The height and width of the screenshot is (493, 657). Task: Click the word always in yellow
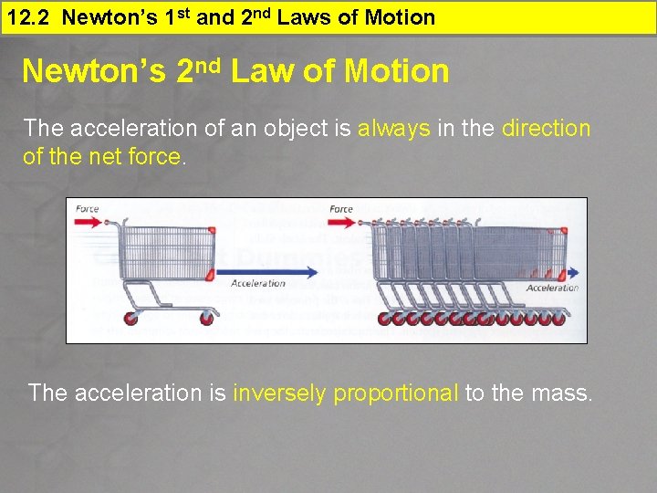[x=393, y=129]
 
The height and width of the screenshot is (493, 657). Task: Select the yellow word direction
[x=546, y=129]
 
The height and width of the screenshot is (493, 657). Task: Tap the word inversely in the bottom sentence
[x=279, y=393]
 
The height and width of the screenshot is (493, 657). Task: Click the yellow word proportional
[x=396, y=393]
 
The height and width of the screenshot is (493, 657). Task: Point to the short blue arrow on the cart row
[x=572, y=272]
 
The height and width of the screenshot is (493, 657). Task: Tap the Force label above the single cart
[x=88, y=209]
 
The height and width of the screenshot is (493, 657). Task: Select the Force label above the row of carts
[x=341, y=209]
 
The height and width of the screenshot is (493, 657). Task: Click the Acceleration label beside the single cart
[x=258, y=284]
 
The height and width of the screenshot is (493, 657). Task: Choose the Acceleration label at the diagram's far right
[x=553, y=288]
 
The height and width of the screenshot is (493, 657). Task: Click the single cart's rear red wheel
[x=130, y=319]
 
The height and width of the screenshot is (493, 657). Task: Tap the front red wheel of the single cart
[x=206, y=319]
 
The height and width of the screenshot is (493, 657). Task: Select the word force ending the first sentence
[x=159, y=157]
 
